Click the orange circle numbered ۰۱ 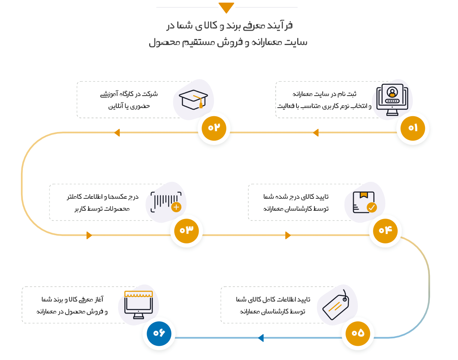coord(413,128)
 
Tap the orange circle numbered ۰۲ coord(214,128)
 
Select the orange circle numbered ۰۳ coord(186,231)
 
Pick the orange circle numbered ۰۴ coord(385,231)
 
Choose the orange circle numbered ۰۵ coord(358,334)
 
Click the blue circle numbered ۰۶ coord(159,334)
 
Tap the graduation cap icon coord(193,99)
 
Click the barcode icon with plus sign coord(166,202)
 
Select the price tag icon coord(336,305)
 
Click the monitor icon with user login coord(392,100)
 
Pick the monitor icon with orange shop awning coord(138,305)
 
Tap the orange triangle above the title coord(226,7)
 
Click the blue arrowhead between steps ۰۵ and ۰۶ coord(261,338)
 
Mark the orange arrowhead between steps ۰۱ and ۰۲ coord(316,133)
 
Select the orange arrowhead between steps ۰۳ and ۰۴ coord(288,235)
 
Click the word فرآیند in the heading coord(280,26)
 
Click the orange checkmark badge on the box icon coord(372,207)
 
